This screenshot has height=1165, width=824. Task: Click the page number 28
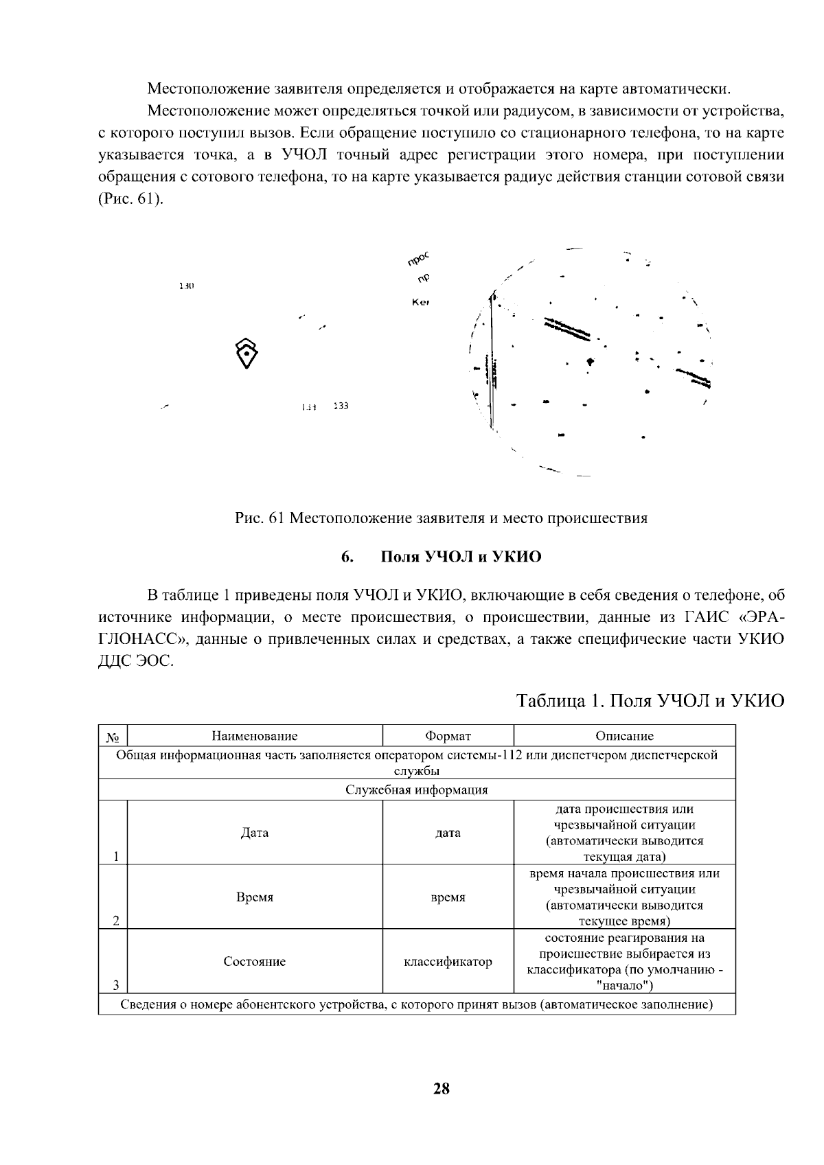click(441, 1087)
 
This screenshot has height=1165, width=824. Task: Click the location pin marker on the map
click(247, 353)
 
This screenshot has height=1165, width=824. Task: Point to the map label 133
click(341, 406)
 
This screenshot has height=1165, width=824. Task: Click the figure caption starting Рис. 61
click(441, 518)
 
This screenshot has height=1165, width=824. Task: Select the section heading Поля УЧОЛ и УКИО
click(461, 557)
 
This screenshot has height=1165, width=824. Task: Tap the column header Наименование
click(255, 736)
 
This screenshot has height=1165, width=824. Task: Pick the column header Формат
click(448, 736)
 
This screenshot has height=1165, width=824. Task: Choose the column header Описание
click(624, 736)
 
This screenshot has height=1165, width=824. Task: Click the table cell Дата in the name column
click(255, 833)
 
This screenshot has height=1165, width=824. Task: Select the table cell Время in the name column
click(255, 897)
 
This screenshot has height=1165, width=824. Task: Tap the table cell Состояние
click(255, 961)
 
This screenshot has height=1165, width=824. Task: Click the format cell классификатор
click(448, 961)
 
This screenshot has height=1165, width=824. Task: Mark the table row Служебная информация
click(416, 789)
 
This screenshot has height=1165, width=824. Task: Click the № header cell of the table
click(113, 737)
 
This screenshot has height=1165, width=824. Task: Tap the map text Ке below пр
click(420, 302)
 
